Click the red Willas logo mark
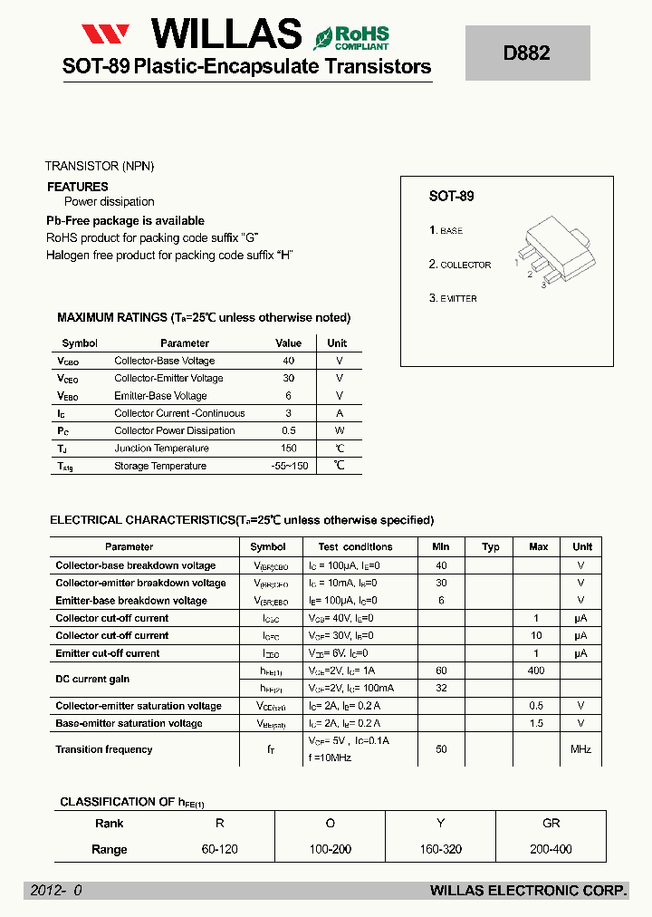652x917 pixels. [107, 35]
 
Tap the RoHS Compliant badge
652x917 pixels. [351, 38]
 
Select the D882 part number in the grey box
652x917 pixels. [526, 53]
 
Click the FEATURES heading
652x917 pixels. [77, 187]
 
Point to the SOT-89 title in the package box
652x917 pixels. [451, 196]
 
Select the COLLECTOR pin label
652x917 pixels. [465, 265]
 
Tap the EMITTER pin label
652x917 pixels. [458, 298]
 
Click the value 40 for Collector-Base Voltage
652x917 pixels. [289, 361]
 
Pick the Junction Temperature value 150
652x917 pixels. [289, 449]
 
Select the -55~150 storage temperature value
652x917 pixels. [289, 466]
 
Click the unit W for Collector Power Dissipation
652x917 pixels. [340, 431]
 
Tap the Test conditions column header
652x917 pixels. [355, 547]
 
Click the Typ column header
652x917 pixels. [491, 547]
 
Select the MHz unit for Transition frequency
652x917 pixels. [580, 749]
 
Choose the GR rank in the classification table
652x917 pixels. [551, 824]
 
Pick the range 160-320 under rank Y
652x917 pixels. [441, 850]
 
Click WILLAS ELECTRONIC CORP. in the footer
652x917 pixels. [528, 892]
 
